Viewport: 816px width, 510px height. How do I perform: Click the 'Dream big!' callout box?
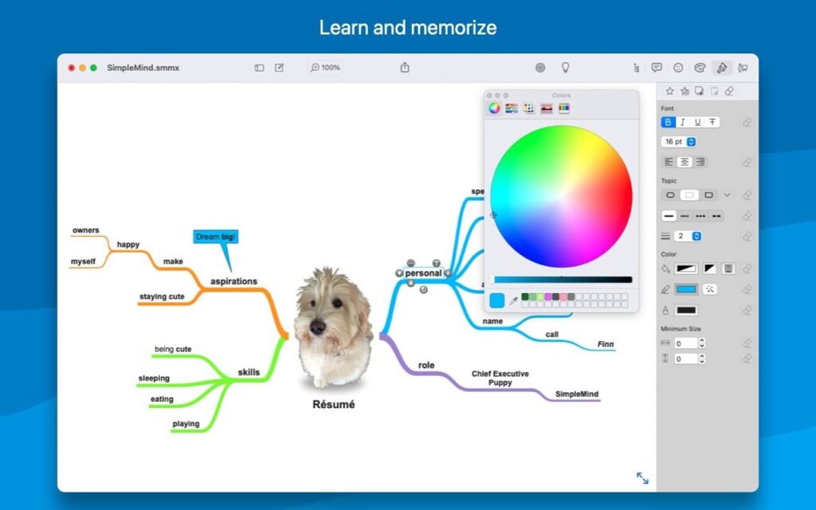click(x=215, y=237)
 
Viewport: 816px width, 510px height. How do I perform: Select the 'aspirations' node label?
click(x=233, y=281)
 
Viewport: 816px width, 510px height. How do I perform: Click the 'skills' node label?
click(x=249, y=372)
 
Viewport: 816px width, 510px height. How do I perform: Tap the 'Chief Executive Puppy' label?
click(x=500, y=378)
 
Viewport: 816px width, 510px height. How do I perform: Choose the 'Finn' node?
click(x=606, y=344)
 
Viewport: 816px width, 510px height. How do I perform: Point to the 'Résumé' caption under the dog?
click(x=333, y=404)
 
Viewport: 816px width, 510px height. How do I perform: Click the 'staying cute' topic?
click(x=162, y=296)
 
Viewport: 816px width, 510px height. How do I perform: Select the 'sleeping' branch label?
click(x=154, y=379)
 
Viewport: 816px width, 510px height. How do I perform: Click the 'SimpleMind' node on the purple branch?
click(x=577, y=394)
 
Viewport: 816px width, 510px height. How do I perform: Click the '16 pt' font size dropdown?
click(x=679, y=142)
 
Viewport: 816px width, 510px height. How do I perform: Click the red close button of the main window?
click(x=71, y=68)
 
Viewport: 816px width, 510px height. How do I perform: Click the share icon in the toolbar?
click(x=405, y=68)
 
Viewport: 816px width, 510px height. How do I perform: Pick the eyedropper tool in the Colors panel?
click(x=514, y=300)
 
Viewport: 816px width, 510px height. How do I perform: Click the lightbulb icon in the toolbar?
click(x=566, y=68)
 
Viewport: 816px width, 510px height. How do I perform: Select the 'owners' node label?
click(x=85, y=230)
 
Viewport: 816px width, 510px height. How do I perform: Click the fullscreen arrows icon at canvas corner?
click(x=642, y=478)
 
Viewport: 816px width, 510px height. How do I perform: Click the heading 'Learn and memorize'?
click(x=408, y=27)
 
